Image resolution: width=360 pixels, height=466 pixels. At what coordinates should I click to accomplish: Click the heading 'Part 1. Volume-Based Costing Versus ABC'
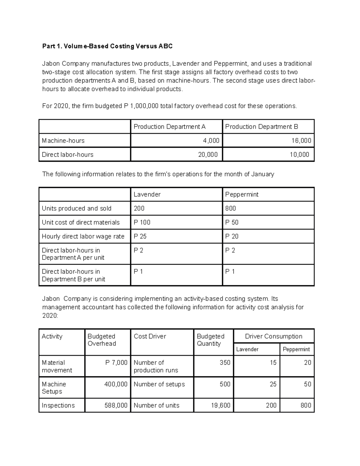107,46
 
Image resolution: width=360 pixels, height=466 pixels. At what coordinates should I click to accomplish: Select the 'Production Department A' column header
169,127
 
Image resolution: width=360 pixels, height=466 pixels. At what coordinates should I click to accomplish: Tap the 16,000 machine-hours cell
301,140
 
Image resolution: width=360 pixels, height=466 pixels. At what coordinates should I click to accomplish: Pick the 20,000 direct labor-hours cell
208,155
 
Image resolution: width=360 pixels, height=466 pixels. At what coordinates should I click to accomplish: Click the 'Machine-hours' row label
63,140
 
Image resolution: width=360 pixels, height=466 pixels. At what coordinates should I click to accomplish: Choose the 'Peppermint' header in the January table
242,194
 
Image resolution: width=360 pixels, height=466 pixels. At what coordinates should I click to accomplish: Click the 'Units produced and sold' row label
76,208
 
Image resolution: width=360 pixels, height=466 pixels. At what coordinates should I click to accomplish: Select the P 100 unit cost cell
142,222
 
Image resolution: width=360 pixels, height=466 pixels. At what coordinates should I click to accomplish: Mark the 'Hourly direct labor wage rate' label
83,236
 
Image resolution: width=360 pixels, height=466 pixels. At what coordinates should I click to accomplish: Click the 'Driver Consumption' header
274,336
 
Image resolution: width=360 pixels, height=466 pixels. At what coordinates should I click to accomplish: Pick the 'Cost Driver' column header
150,336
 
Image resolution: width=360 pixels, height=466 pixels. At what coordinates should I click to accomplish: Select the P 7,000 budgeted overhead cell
116,362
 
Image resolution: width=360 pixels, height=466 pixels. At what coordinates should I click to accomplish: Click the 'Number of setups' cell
159,384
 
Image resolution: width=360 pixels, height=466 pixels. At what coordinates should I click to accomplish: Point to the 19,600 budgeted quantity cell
220,405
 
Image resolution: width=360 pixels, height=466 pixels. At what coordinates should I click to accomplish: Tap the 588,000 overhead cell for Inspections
116,405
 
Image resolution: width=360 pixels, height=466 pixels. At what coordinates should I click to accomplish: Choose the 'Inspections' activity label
58,405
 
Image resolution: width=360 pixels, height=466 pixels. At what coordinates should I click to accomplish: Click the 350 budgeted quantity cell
225,362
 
